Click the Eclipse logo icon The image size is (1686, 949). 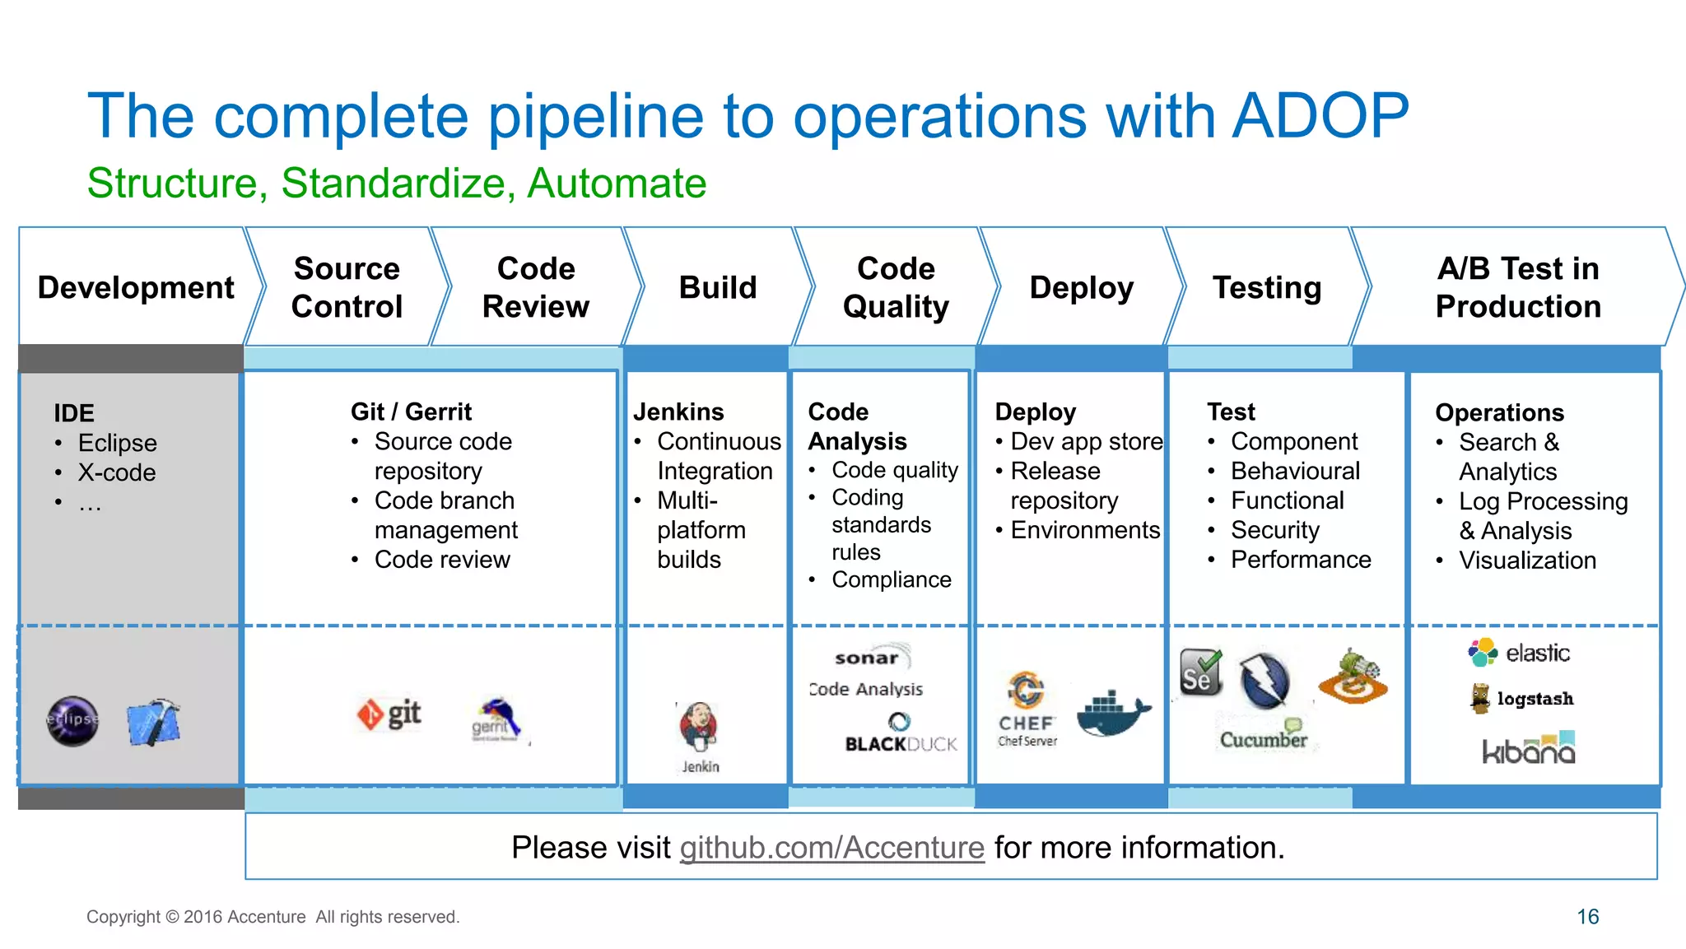[72, 721]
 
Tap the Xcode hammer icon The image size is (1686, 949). [153, 722]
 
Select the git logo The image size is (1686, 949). [389, 714]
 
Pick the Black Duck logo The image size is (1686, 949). [901, 734]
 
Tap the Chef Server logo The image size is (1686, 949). [1027, 708]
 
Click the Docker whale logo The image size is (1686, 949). [1112, 712]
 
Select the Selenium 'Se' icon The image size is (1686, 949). [1200, 672]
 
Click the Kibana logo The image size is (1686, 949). [1529, 748]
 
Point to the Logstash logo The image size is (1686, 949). [1522, 698]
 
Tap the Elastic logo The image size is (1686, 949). [1519, 653]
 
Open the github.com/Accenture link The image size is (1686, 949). [831, 847]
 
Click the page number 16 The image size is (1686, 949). [1587, 916]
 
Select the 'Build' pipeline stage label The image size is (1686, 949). [718, 287]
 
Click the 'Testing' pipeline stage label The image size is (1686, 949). [1267, 287]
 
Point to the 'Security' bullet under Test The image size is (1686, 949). [1274, 530]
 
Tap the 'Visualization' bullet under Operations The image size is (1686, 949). [1527, 561]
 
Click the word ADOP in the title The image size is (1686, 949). [1320, 115]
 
